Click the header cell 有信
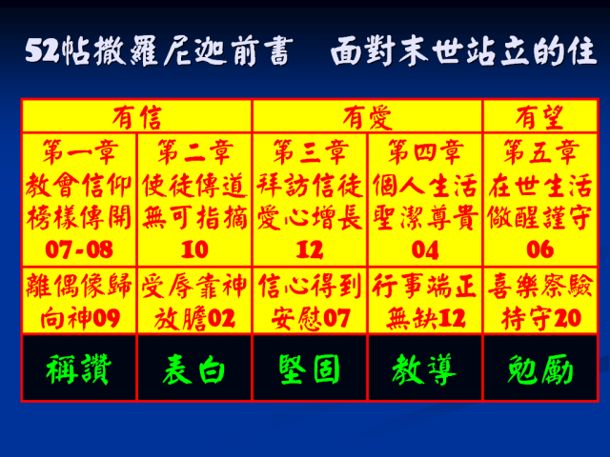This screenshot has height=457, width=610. pyautogui.click(x=136, y=117)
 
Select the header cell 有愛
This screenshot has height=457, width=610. pyautogui.click(x=367, y=117)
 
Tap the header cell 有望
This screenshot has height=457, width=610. pyautogui.click(x=539, y=117)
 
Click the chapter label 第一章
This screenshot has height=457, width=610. pyautogui.click(x=79, y=152)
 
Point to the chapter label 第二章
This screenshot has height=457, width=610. pyautogui.click(x=194, y=152)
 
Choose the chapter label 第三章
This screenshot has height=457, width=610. pyautogui.click(x=310, y=152)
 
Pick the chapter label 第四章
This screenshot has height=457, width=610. pyautogui.click(x=425, y=152)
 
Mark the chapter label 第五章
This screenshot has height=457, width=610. pyautogui.click(x=540, y=152)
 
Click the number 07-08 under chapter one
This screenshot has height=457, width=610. pyautogui.click(x=79, y=249)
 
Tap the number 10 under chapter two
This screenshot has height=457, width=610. pyautogui.click(x=194, y=249)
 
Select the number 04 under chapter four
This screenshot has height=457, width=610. pyautogui.click(x=425, y=249)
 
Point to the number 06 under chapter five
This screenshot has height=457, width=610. pyautogui.click(x=540, y=249)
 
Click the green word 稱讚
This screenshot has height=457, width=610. pyautogui.click(x=78, y=369)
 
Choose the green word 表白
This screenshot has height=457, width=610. pyautogui.click(x=193, y=369)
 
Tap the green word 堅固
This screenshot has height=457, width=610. pyautogui.click(x=309, y=369)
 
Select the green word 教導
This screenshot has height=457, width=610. pyautogui.click(x=424, y=369)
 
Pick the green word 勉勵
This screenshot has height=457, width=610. pyautogui.click(x=540, y=369)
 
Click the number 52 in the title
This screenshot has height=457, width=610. pyautogui.click(x=42, y=50)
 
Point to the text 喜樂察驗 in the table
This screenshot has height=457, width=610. pyautogui.click(x=540, y=286)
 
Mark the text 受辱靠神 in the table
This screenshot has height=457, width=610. pyautogui.click(x=193, y=286)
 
